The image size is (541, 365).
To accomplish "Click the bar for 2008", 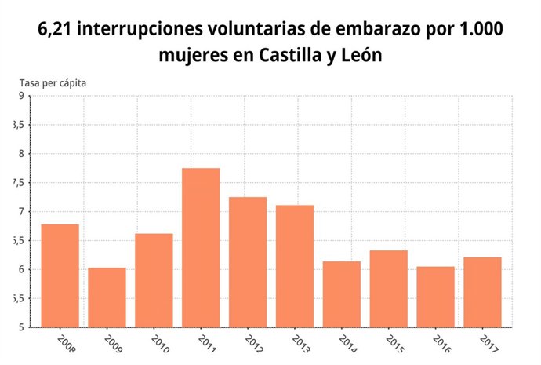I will point(60,276).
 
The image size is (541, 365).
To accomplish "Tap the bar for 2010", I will point(154,279).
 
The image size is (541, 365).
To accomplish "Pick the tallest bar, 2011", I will point(201,247).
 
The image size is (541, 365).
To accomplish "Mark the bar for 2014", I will point(342,294).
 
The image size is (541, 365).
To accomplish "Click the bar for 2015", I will point(389,288).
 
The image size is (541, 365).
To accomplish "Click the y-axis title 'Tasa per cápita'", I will point(53,82).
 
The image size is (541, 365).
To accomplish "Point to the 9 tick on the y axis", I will point(21,96).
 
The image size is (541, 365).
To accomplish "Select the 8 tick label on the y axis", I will point(21,154).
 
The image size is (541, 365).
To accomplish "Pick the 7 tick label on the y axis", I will point(21,212).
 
